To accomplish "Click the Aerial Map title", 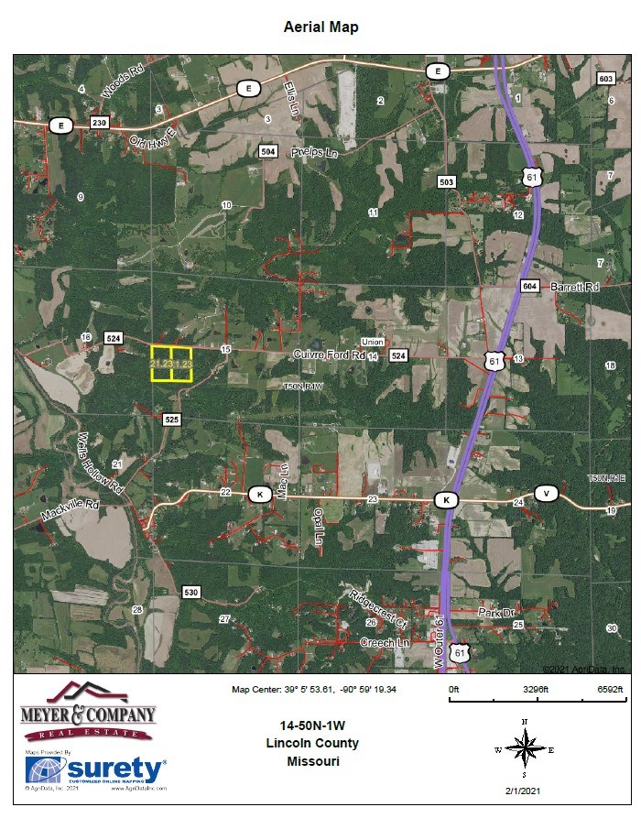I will click(x=320, y=27).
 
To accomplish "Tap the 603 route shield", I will click(x=605, y=79).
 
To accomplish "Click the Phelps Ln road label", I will click(x=315, y=153).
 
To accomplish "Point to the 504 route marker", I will click(x=268, y=151).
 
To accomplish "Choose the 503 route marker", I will click(x=447, y=182).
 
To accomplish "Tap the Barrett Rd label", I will click(x=575, y=287).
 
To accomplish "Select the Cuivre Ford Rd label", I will click(x=329, y=354).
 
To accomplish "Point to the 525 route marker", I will click(x=172, y=419).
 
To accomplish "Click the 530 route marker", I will click(x=190, y=592).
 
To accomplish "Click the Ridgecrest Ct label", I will click(x=378, y=608).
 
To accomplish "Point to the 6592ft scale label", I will click(x=610, y=688).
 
